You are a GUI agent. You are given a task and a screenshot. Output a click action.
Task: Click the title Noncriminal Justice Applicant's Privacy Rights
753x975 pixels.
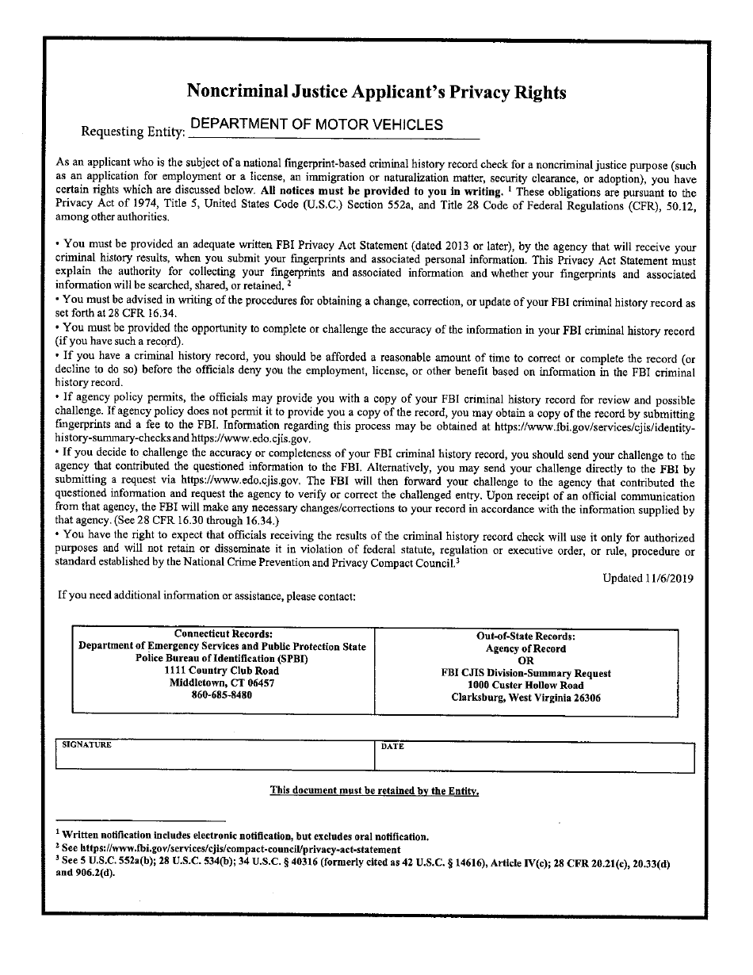376,92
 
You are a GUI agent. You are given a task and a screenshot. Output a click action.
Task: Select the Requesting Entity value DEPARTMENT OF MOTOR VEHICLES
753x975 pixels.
316,124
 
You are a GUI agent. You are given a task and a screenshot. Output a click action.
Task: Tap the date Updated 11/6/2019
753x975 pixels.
648,579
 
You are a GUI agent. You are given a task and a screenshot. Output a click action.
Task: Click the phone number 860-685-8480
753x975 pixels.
222,694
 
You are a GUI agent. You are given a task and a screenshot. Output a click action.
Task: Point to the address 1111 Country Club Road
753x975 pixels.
222,671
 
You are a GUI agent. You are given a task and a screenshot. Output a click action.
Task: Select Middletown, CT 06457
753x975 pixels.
222,682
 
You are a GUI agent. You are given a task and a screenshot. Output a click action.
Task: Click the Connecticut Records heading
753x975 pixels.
223,634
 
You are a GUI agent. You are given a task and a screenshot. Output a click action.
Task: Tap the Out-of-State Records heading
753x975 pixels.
526,637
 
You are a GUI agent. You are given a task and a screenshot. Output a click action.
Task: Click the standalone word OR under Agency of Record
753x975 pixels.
526,660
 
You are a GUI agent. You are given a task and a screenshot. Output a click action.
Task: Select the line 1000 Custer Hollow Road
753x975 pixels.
526,686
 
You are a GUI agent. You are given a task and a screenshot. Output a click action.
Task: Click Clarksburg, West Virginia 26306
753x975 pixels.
526,698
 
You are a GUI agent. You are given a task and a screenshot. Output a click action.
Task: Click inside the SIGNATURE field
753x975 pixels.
214,759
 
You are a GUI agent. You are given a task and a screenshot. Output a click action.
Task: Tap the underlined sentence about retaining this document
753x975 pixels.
374,790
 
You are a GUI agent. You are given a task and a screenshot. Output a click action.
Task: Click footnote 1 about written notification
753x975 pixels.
246,836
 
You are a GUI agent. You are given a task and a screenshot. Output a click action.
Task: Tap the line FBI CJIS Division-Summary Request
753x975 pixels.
526,673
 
